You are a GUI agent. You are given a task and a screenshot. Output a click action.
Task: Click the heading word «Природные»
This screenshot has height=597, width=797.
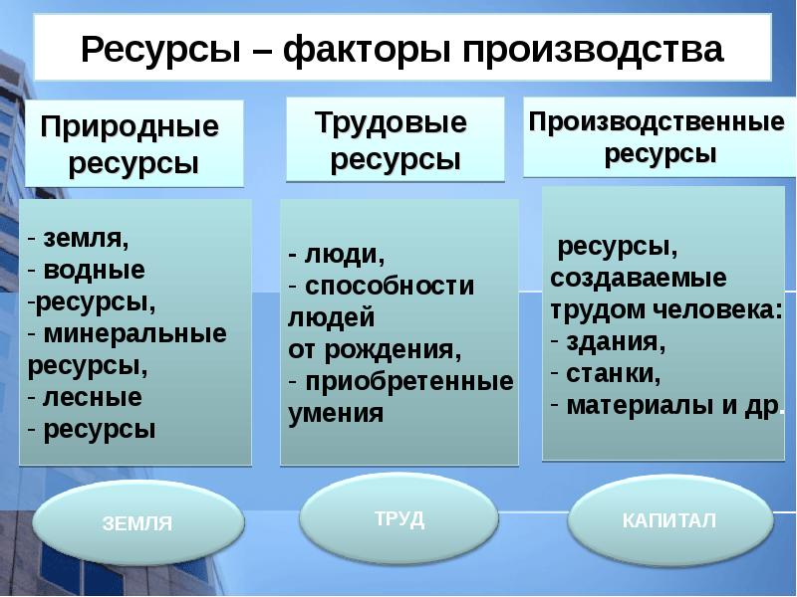129,127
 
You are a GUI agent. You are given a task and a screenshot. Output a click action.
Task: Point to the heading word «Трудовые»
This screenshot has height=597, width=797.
391,123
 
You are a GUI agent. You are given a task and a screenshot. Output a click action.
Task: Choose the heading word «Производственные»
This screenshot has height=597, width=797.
657,122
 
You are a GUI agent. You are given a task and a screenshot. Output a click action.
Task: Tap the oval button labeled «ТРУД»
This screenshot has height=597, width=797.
399,518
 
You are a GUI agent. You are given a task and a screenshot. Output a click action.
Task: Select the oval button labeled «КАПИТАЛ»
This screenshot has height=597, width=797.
668,520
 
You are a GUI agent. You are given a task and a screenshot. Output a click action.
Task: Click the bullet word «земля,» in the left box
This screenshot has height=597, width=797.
87,240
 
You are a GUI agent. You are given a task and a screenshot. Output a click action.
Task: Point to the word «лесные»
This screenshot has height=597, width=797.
93,397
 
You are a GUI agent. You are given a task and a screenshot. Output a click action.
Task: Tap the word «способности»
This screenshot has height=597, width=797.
390,287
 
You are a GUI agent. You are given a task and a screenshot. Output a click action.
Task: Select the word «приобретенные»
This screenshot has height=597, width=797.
408,381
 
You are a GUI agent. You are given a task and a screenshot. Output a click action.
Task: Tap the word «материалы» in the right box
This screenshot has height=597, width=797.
633,406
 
